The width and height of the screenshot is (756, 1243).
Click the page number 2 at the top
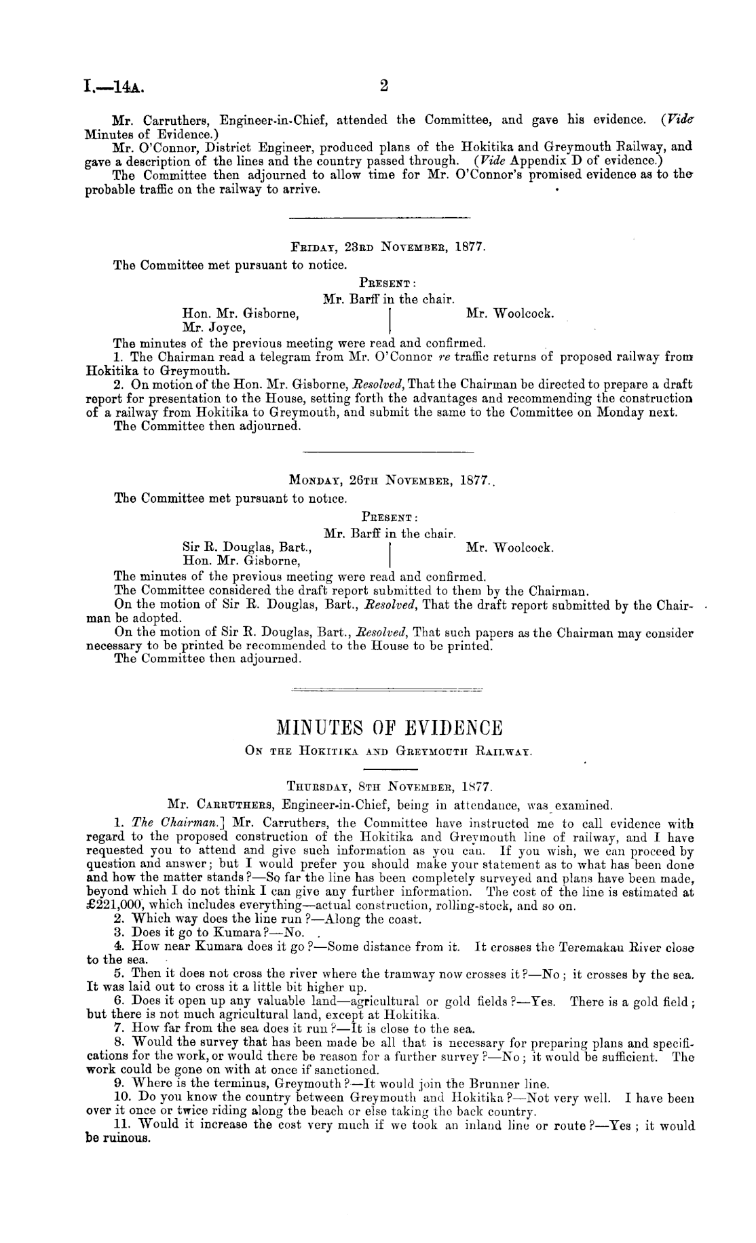(x=383, y=86)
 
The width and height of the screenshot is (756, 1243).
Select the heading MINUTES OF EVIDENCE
(x=390, y=729)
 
